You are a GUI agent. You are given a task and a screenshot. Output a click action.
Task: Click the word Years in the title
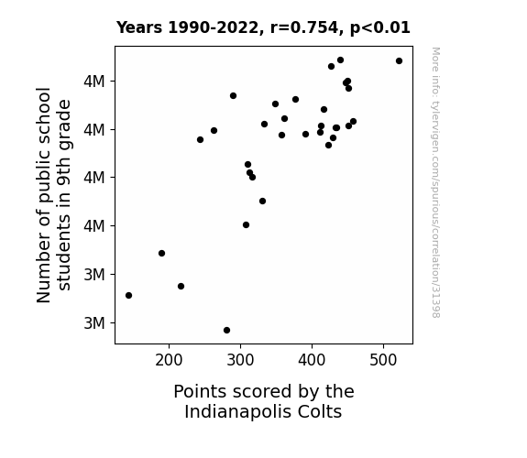pos(139,27)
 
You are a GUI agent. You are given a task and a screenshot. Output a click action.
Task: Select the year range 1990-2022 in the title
pos(214,27)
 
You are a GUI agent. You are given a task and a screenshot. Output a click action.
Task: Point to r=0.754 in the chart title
pos(304,27)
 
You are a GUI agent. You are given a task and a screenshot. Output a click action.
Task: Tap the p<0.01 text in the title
pos(380,27)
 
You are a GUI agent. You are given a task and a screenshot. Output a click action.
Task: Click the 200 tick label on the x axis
pos(169,361)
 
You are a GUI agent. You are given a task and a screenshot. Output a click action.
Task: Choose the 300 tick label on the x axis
pos(240,361)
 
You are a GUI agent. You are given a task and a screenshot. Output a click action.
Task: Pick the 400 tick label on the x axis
pos(312,361)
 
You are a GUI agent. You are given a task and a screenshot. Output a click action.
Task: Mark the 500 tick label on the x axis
pos(383,361)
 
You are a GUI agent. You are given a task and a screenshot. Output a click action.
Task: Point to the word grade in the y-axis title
pos(64,124)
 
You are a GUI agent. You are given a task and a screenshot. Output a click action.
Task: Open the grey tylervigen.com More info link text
pos(435,182)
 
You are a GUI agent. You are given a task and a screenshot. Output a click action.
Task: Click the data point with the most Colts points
pos(399,60)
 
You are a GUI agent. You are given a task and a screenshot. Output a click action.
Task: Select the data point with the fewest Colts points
pos(128,295)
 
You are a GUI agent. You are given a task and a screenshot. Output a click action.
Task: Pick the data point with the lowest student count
pos(226,331)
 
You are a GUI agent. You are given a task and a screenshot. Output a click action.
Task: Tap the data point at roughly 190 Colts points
pos(161,253)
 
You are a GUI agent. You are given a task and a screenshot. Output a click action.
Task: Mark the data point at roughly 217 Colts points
pos(181,287)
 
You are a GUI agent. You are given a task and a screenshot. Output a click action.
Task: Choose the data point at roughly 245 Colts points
pos(200,139)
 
